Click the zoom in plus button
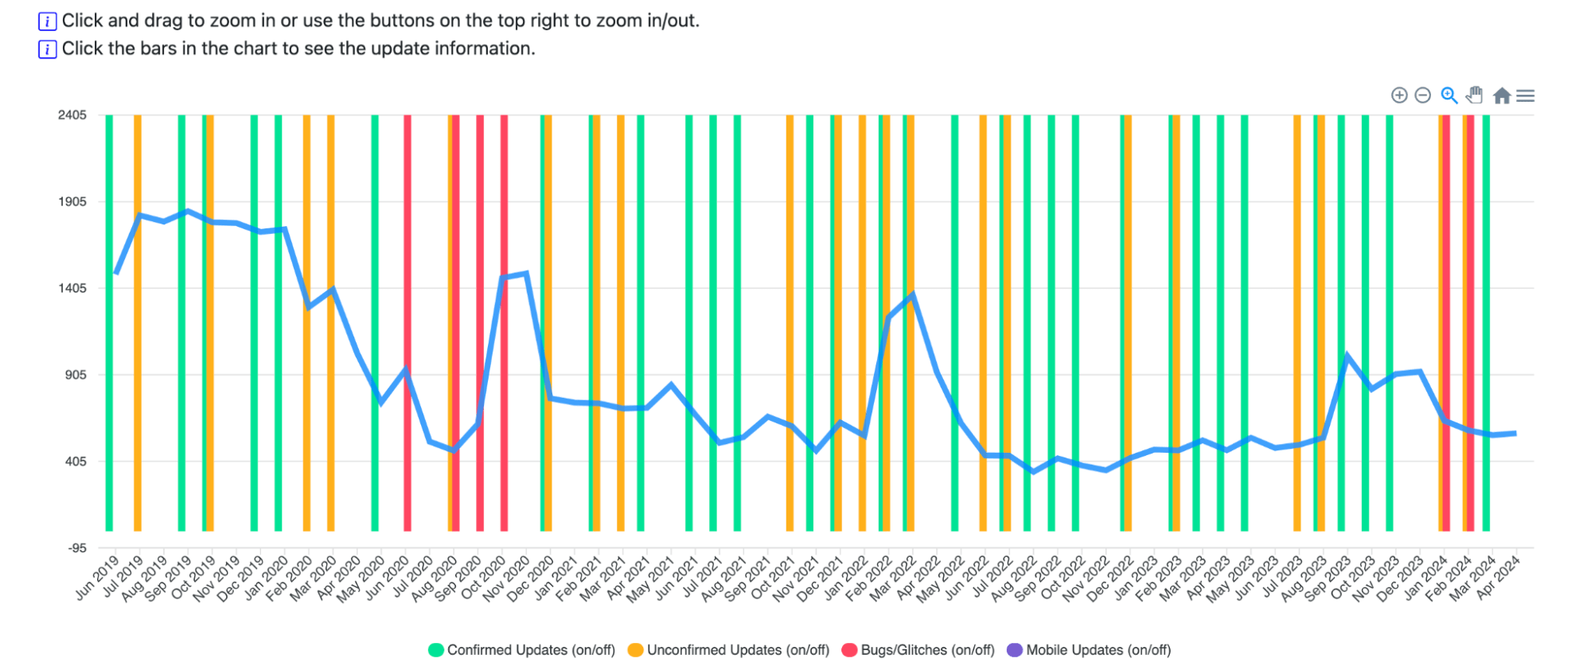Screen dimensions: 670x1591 coord(1399,95)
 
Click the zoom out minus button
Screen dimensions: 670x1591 coord(1423,95)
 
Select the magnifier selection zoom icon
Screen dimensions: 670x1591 coord(1449,95)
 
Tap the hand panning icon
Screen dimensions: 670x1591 coord(1475,95)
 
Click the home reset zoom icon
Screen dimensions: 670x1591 coord(1502,95)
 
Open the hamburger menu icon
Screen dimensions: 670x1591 coord(1526,95)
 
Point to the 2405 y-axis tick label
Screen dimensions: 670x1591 coord(72,115)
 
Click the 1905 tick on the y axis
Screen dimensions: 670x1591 coord(72,202)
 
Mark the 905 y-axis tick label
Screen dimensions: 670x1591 coord(75,375)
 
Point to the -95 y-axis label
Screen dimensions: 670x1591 coord(77,548)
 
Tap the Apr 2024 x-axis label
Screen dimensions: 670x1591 coord(1499,577)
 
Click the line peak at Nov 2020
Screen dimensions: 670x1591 coord(526,274)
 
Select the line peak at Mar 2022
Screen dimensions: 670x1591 coord(912,294)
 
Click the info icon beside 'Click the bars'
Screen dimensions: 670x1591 coord(48,49)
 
